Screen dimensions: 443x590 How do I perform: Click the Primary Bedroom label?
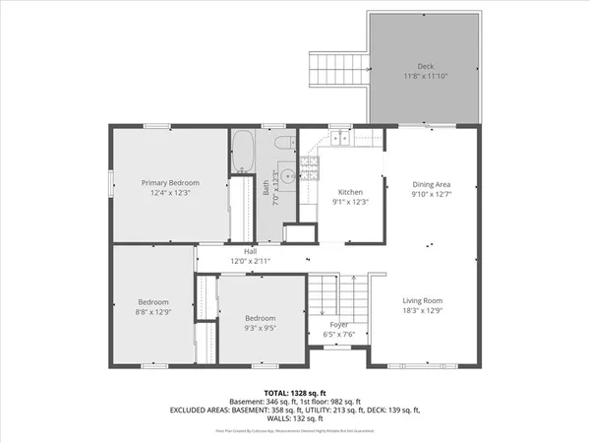(x=170, y=183)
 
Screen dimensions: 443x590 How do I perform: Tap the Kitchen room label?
(x=351, y=192)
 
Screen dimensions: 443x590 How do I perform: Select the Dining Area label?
(x=430, y=184)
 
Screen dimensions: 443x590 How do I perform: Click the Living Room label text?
(x=422, y=300)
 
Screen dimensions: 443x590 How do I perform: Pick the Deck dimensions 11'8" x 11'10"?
(x=426, y=76)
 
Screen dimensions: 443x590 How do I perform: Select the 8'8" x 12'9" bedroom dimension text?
(x=152, y=312)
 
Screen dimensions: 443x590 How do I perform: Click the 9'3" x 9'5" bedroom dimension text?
(x=260, y=328)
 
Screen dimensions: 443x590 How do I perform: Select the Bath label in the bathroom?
(x=265, y=186)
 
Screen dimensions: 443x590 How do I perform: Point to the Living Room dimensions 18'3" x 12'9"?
(x=422, y=311)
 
